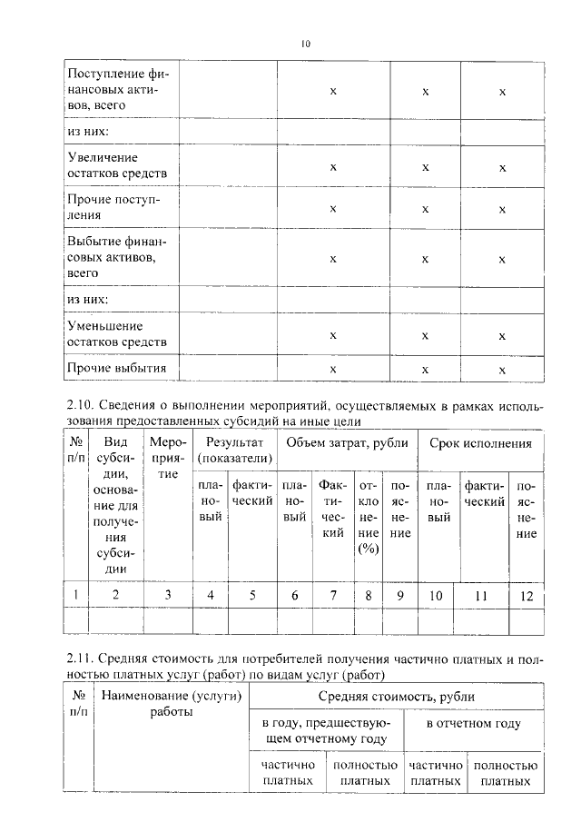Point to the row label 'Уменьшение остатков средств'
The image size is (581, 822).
[x=117, y=333]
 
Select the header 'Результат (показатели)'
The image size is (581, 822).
[x=234, y=451]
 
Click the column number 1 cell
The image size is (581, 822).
[x=75, y=595]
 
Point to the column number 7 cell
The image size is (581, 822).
[x=333, y=596]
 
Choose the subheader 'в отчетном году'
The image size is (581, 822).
[x=473, y=724]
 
